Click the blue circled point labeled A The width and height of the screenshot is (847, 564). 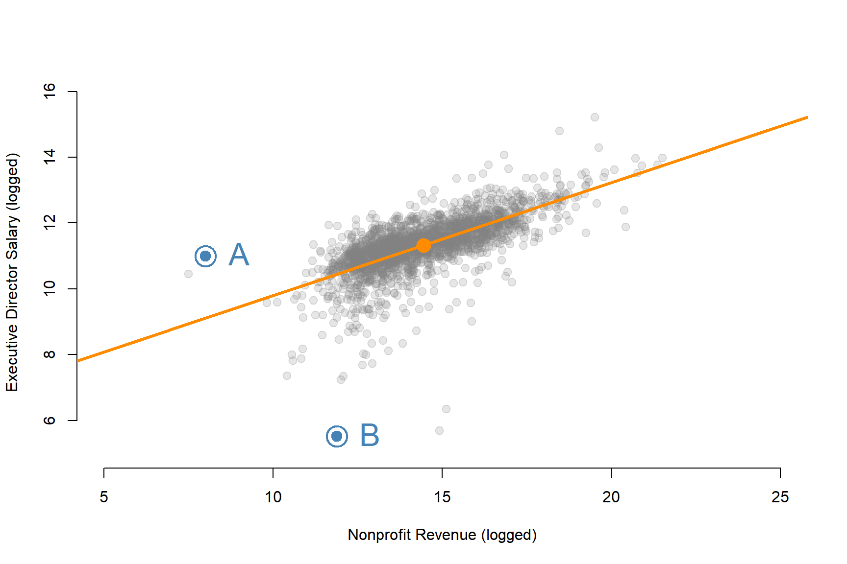(205, 256)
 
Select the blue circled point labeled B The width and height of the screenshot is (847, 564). (337, 436)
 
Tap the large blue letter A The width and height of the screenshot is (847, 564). (239, 255)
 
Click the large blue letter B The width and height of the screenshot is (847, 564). (370, 435)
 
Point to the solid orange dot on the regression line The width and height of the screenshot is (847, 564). (423, 245)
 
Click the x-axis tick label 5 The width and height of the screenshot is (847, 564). (104, 497)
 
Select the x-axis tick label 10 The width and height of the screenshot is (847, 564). (273, 497)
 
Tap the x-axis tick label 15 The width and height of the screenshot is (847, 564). (442, 497)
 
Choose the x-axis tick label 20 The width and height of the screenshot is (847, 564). (611, 497)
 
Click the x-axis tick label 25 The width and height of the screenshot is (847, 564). (780, 497)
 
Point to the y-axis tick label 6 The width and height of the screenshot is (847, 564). (50, 420)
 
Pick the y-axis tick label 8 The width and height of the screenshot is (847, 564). (50, 354)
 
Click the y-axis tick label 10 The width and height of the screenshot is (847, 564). (50, 288)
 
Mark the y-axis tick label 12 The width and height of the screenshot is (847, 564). (50, 223)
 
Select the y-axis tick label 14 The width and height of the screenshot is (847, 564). (50, 157)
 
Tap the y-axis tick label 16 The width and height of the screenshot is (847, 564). (50, 91)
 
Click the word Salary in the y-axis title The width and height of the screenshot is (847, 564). (12, 237)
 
